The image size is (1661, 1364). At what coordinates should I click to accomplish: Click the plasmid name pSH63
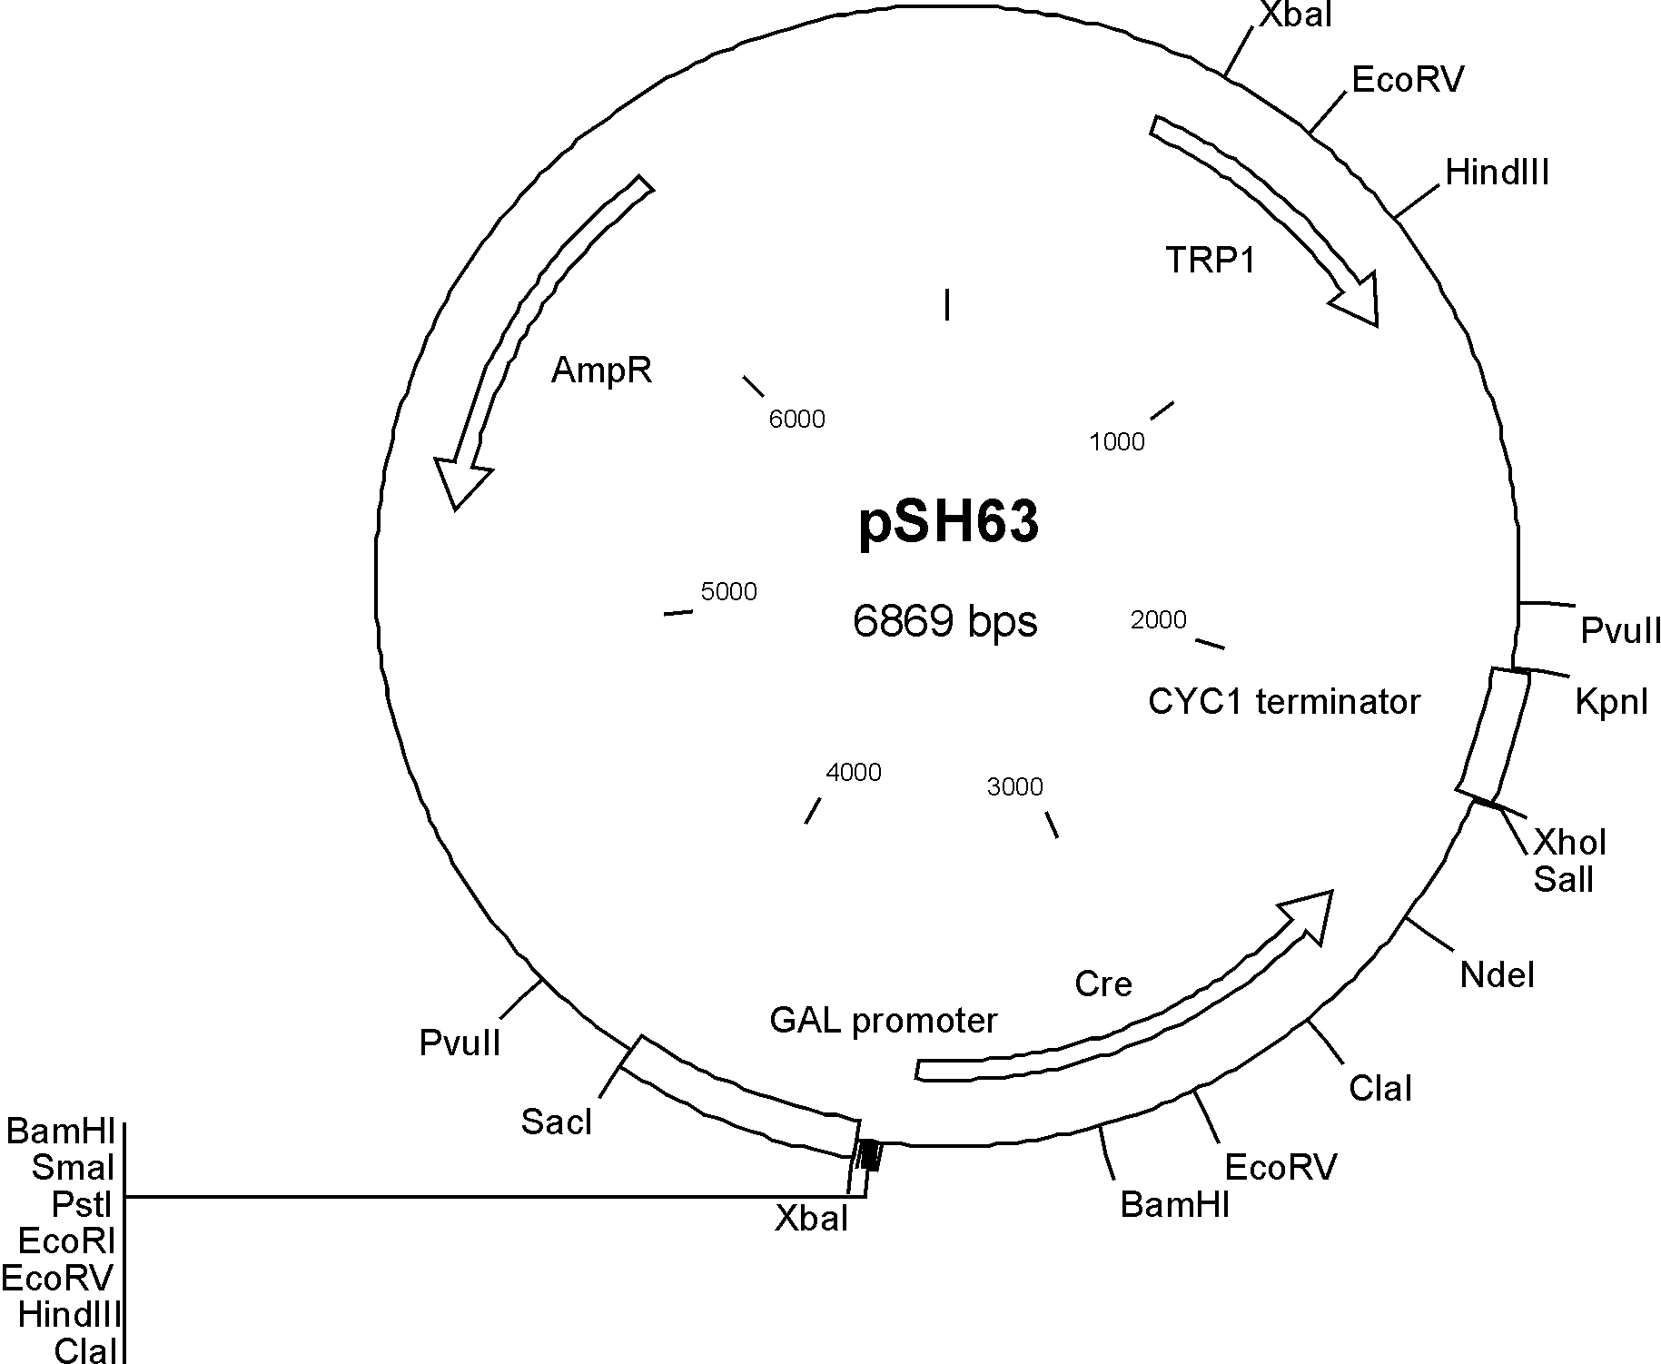click(x=948, y=524)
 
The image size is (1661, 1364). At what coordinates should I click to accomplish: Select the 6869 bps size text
click(x=944, y=622)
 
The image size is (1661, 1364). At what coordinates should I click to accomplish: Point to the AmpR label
click(x=601, y=371)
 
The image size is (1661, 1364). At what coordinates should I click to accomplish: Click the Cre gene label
click(x=1102, y=983)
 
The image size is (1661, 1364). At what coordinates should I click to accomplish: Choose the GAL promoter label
click(x=883, y=1021)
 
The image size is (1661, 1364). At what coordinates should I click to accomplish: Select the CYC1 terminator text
click(x=1283, y=702)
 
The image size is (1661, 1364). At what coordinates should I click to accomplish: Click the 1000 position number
click(x=1116, y=442)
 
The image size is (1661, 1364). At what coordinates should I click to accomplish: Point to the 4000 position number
click(x=854, y=773)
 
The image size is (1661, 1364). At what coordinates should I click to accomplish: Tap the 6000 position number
click(x=796, y=419)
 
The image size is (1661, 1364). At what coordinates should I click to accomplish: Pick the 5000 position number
click(x=728, y=592)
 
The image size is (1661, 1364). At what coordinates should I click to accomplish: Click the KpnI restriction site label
click(x=1611, y=702)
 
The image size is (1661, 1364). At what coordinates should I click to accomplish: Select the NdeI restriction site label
click(x=1497, y=976)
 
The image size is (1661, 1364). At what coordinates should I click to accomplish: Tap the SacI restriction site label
click(x=556, y=1123)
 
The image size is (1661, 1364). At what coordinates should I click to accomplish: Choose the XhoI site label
click(x=1569, y=843)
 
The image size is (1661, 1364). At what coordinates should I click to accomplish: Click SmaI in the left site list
click(x=73, y=1168)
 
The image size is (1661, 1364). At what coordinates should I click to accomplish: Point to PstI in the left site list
click(x=82, y=1204)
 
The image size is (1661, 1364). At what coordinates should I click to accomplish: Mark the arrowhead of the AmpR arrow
click(x=460, y=481)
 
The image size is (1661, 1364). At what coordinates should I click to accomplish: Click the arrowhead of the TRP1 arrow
click(x=1359, y=300)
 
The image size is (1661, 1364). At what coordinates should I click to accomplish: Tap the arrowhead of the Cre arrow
click(x=1308, y=914)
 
